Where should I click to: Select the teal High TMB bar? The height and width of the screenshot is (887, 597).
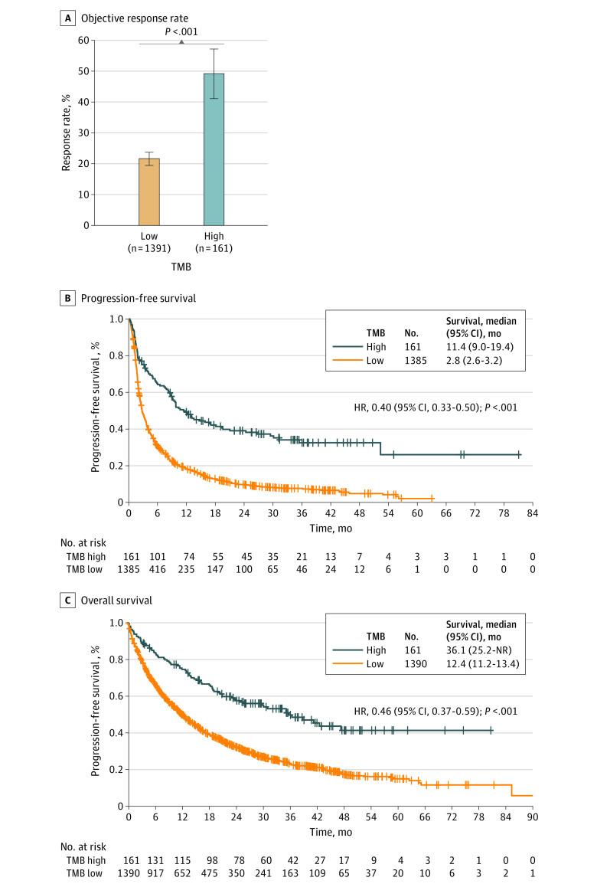click(214, 149)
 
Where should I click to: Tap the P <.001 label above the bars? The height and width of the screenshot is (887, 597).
click(181, 32)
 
